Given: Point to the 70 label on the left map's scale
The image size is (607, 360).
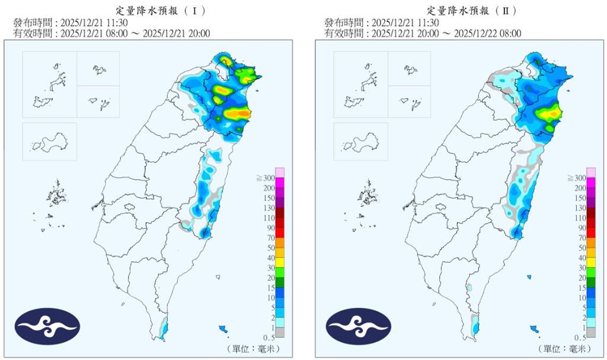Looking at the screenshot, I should (267, 237).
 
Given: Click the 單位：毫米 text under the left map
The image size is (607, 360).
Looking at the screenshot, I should (252, 348).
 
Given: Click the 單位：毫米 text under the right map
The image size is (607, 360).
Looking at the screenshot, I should (563, 348).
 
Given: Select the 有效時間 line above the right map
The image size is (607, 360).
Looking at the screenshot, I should (423, 33).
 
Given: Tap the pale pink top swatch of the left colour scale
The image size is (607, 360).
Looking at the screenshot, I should (280, 172).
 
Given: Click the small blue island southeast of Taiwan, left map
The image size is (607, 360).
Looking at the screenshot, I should (223, 329).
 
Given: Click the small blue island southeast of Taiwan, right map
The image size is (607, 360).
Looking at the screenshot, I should (534, 329).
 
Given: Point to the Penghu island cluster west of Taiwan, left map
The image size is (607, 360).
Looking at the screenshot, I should (57, 193).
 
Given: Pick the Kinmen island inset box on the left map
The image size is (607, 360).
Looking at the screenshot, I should (49, 141).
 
